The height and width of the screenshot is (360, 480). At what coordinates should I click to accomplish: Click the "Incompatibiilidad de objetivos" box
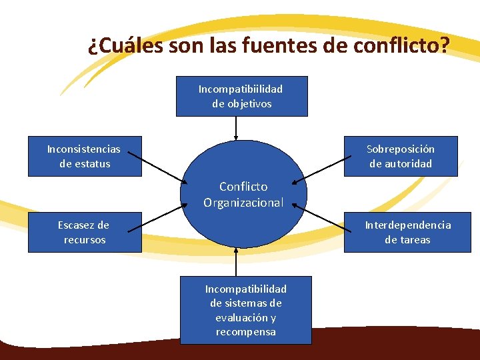pyautogui.click(x=241, y=96)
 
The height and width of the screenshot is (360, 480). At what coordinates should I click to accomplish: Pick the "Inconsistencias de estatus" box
pyautogui.click(x=85, y=156)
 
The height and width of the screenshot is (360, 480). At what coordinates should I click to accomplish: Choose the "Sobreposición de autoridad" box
pyautogui.click(x=401, y=156)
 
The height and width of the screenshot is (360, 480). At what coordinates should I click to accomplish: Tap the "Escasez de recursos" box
pyautogui.click(x=85, y=232)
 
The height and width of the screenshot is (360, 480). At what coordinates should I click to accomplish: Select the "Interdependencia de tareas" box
pyautogui.click(x=407, y=232)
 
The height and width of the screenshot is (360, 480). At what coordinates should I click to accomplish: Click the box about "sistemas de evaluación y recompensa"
pyautogui.click(x=245, y=310)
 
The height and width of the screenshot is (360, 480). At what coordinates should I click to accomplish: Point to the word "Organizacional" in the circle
pyautogui.click(x=243, y=202)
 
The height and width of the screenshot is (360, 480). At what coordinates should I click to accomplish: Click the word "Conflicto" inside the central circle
pyautogui.click(x=243, y=187)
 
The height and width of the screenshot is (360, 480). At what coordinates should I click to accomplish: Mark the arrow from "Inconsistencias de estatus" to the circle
pyautogui.click(x=155, y=167)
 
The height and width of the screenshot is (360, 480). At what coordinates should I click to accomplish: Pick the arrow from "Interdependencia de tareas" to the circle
pyautogui.click(x=323, y=218)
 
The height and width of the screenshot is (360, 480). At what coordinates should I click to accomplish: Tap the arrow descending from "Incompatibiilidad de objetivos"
pyautogui.click(x=236, y=128)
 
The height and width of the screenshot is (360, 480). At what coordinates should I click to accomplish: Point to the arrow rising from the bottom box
pyautogui.click(x=236, y=261)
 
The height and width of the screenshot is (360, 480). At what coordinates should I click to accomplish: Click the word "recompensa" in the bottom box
pyautogui.click(x=245, y=332)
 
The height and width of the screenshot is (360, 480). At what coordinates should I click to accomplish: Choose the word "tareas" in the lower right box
pyautogui.click(x=416, y=240)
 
